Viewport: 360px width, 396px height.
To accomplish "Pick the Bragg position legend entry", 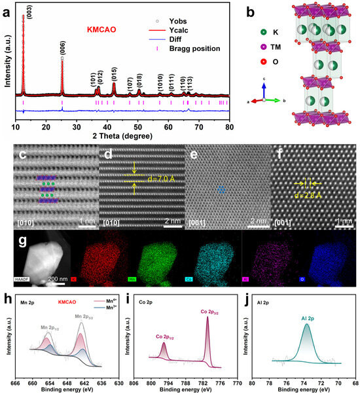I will coord(187,49).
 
